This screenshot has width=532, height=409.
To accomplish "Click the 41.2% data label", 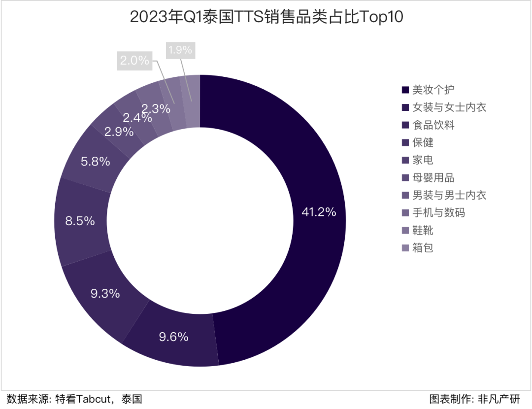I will (x=319, y=212).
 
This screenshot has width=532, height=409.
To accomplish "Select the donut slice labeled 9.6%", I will (x=174, y=337).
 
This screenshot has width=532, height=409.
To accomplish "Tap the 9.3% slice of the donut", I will (x=105, y=294).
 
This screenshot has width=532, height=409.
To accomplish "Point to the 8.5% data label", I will (x=80, y=221).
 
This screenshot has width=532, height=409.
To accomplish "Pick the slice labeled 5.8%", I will (x=95, y=161).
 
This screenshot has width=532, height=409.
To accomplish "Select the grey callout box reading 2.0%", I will (x=134, y=61).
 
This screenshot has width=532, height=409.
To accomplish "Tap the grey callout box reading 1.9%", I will (x=180, y=50).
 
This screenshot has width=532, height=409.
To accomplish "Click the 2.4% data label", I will (x=134, y=118).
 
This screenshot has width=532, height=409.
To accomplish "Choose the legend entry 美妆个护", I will (x=433, y=90).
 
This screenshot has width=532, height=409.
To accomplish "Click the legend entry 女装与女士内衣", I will (x=449, y=107).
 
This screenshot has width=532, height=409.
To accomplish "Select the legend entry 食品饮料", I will (x=433, y=125).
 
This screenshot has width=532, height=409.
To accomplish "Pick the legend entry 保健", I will (x=423, y=142).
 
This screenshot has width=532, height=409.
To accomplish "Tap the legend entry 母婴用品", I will (x=433, y=177).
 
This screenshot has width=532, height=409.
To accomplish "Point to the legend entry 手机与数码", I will (x=438, y=212).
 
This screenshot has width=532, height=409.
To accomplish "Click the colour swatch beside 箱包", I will (x=405, y=248).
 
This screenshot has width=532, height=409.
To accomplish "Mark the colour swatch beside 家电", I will (x=405, y=160).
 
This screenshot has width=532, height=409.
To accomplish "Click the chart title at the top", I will (x=266, y=17).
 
